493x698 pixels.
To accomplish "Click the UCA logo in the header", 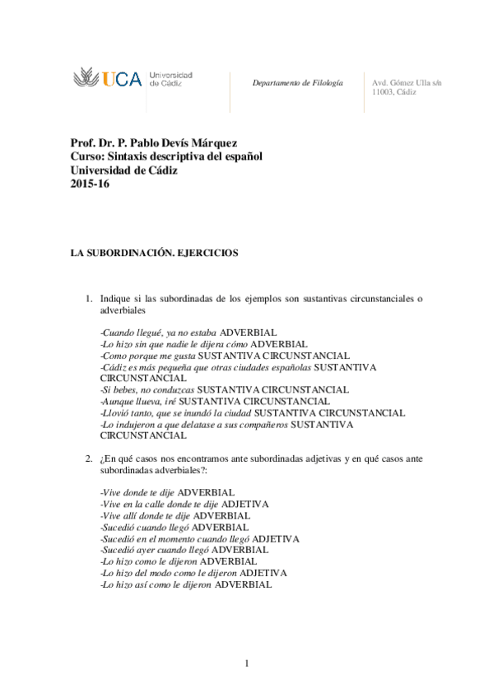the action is click(x=107, y=79).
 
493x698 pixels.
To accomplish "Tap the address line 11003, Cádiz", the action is click(x=394, y=92).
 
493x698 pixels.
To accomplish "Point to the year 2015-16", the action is click(x=90, y=184).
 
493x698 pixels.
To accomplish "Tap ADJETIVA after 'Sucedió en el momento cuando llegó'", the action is click(x=276, y=538).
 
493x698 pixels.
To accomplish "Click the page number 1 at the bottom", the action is click(x=246, y=663).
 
